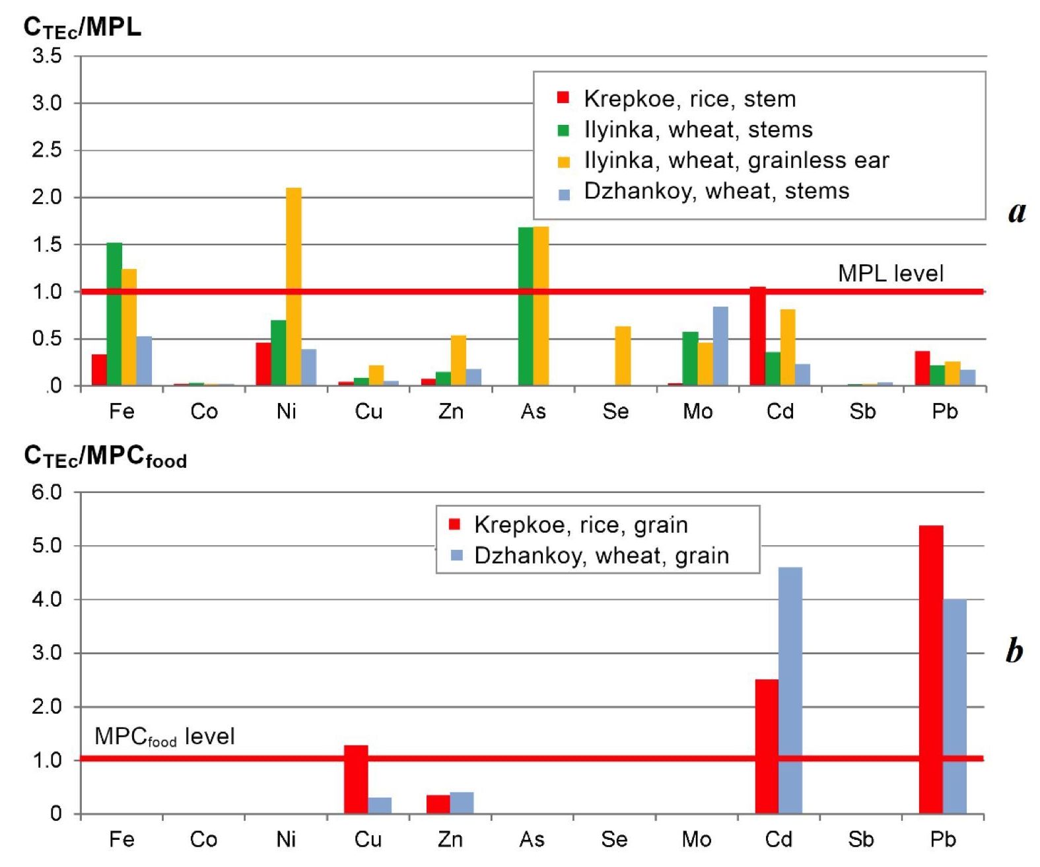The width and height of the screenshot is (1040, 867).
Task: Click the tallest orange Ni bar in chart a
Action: click(294, 286)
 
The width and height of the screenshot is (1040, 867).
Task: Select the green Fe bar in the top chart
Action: click(114, 314)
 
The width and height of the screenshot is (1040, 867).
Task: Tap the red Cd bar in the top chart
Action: click(757, 336)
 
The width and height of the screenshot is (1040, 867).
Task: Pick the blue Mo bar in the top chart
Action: click(720, 346)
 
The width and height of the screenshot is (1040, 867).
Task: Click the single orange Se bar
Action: click(623, 356)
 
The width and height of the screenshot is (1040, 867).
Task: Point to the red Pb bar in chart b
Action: click(931, 669)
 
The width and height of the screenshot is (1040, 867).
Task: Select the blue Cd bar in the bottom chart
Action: click(790, 690)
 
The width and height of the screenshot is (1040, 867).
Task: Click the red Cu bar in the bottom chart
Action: click(356, 779)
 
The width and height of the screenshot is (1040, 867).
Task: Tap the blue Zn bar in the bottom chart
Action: click(462, 802)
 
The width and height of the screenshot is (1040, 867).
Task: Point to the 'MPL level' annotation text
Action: click(890, 274)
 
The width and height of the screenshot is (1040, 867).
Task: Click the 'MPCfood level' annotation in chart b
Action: click(164, 736)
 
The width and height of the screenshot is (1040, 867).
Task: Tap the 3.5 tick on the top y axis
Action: click(47, 56)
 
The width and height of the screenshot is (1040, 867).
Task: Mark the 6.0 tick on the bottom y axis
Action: click(47, 492)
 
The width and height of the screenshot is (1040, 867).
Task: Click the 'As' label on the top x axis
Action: click(533, 412)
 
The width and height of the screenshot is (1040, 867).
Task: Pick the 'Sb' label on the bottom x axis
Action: click(860, 839)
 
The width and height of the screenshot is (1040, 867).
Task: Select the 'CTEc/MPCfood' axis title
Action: click(105, 457)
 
